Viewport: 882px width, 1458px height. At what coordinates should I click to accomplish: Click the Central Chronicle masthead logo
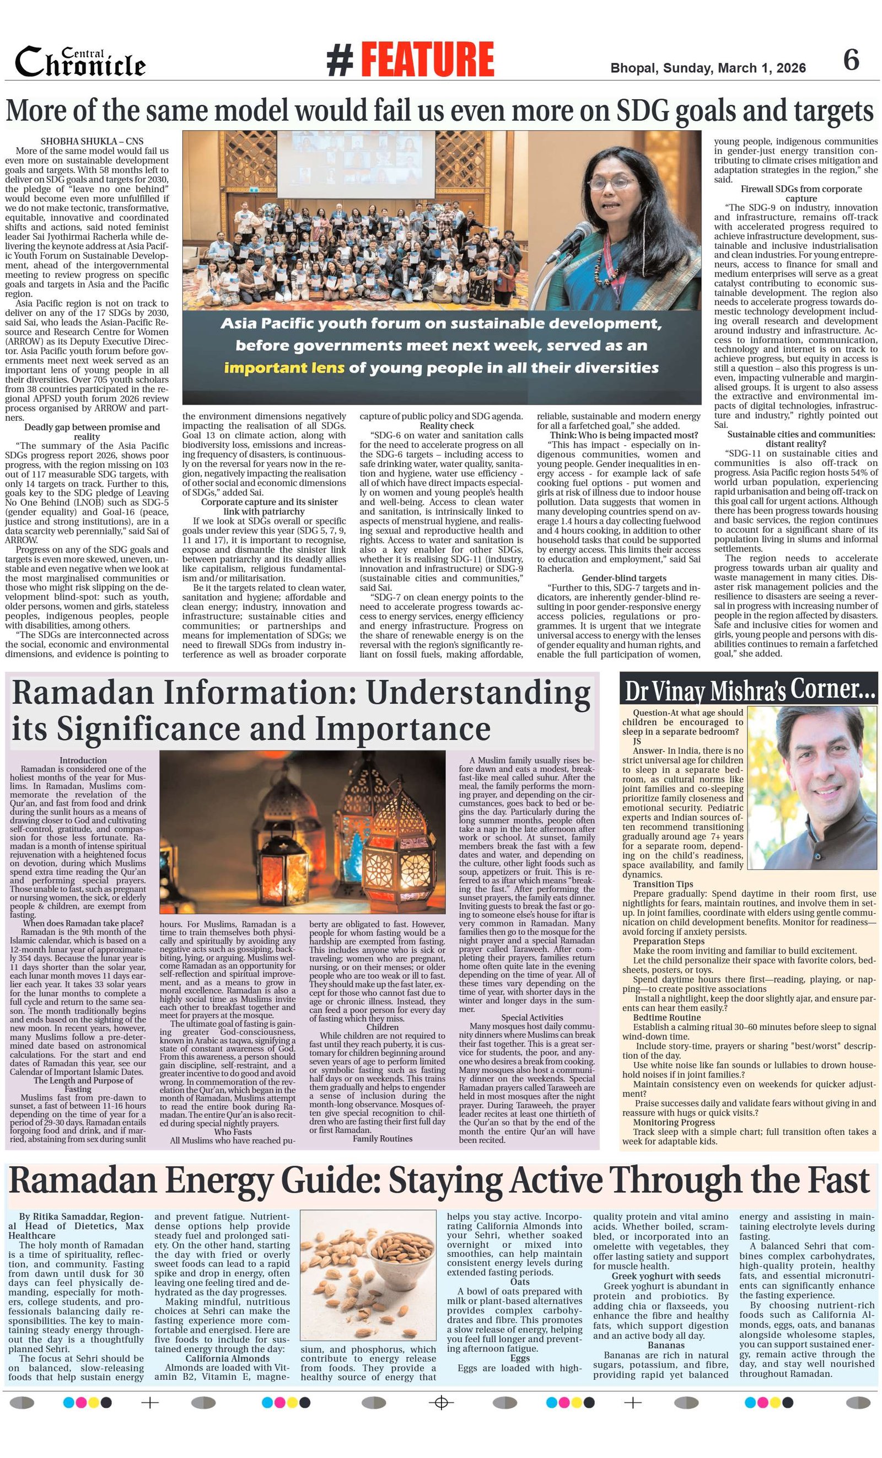point(80,62)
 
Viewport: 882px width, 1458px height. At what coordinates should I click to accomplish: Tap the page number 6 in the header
point(851,60)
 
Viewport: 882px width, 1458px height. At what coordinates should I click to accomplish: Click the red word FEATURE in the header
point(427,60)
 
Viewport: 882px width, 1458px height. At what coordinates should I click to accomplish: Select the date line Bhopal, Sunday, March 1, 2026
point(707,68)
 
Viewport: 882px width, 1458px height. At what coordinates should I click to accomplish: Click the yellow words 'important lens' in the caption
point(283,367)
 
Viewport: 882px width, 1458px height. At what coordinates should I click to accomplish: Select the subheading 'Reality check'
point(447,426)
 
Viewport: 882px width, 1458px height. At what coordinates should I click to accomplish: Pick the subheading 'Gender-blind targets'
point(623,578)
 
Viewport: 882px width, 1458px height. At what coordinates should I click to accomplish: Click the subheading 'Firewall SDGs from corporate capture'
point(801,194)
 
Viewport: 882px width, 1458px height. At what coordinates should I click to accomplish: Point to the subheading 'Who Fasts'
point(233,1132)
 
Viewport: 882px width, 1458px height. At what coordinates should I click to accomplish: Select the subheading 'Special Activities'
point(532,1017)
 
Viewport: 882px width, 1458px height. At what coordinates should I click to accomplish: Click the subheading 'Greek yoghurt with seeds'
point(665,1276)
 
